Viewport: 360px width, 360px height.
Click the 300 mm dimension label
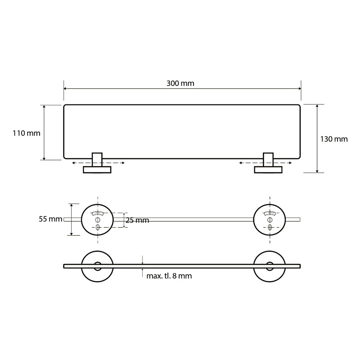point(180,83)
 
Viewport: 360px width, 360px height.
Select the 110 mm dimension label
point(27,133)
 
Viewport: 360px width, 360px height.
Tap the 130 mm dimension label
point(334,139)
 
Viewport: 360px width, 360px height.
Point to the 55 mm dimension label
point(50,219)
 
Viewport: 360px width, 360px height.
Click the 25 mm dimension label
point(137,220)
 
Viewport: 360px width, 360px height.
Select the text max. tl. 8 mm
point(169,276)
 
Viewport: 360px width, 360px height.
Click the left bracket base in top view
point(97,170)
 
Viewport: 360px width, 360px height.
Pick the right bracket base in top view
point(268,170)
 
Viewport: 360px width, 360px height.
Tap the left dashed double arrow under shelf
point(98,163)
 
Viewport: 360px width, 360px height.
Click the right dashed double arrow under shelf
point(265,163)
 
